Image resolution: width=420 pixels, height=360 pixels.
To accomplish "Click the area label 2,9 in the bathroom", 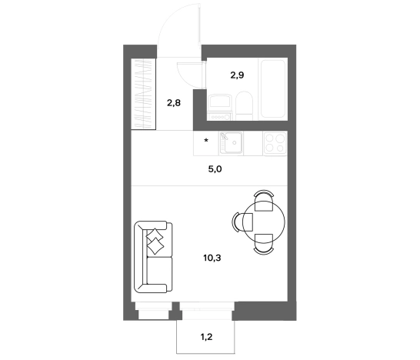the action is click(237, 75).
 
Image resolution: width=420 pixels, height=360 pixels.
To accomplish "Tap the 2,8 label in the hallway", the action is click(174, 102).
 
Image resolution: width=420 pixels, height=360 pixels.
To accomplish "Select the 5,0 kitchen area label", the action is click(215, 169).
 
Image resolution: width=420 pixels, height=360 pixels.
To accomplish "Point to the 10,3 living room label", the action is click(212, 258).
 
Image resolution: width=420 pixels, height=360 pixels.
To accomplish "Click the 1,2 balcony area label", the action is click(206, 337).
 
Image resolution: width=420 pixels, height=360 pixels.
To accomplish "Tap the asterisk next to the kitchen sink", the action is click(206, 140).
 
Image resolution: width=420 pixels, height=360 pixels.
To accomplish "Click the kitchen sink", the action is click(231, 143).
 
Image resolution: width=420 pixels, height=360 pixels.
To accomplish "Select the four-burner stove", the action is click(275, 143).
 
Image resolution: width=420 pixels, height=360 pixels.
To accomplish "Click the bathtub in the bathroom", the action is click(273, 88).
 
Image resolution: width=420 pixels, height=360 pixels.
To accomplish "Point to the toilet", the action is click(244, 106).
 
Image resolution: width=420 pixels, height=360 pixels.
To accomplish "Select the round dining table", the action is click(264, 222).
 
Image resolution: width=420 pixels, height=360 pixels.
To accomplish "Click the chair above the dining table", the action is click(264, 200).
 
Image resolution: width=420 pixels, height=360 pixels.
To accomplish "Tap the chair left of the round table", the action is click(242, 222).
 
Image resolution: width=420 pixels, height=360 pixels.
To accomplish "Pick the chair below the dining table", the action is click(264, 244).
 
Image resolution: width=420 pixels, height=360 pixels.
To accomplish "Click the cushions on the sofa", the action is click(155, 241).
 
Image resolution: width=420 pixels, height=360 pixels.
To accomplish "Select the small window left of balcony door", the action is click(154, 310).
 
